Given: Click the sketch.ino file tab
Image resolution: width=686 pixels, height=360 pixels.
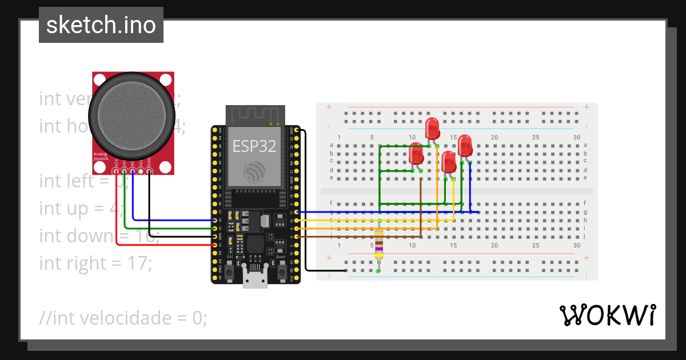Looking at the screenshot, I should tap(101, 25).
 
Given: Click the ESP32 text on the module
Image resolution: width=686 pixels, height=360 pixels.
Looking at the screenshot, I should tap(254, 146).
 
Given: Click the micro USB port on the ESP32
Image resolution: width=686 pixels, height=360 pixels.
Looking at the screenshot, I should tap(254, 279).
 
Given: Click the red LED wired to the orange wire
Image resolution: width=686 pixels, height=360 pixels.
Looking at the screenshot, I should tap(432, 129).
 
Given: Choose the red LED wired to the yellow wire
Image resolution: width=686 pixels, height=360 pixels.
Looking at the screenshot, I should tap(449, 162).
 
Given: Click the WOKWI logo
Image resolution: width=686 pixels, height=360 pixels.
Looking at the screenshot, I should tap(607, 315).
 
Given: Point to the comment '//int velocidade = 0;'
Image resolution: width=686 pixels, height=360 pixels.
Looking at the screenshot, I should tap(123, 318).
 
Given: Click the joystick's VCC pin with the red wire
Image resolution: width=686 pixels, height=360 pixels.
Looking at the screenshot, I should tap(116, 171).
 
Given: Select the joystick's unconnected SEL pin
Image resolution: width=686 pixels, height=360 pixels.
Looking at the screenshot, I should tap(141, 171).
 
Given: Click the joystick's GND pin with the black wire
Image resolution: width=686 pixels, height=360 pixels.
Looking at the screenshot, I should tap(149, 171).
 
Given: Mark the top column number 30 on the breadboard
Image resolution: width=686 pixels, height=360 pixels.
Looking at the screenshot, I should tap(577, 138).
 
